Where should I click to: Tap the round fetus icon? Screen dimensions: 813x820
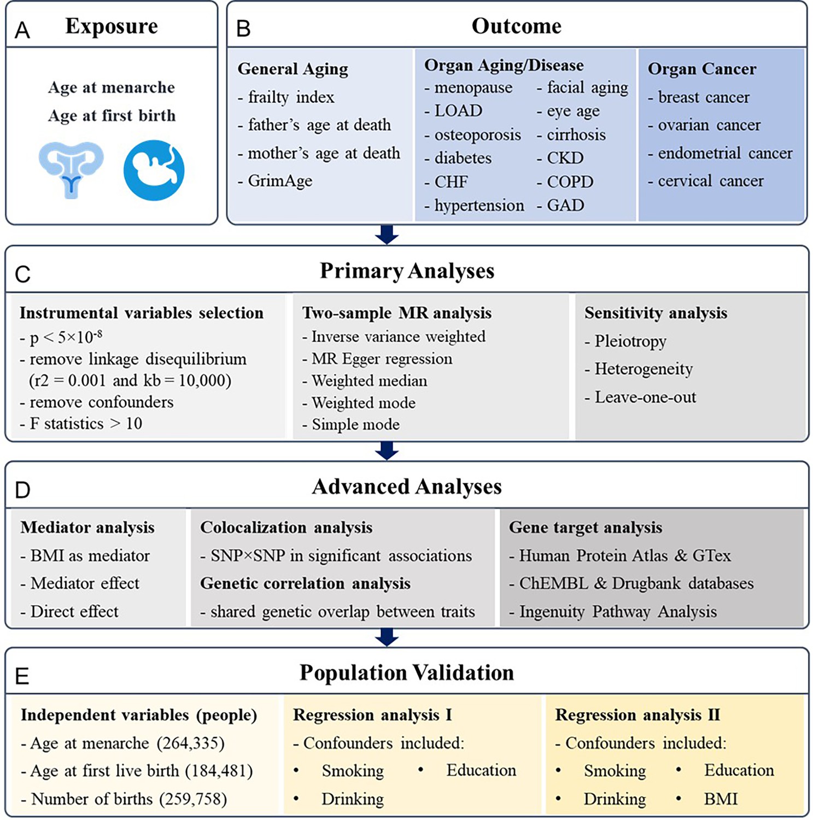[154, 170]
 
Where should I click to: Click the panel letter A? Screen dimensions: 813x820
[22, 31]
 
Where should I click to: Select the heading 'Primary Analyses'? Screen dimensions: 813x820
[407, 271]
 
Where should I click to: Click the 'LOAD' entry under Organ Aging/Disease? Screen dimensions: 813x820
[453, 111]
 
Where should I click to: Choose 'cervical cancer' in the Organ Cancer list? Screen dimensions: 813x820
[705, 181]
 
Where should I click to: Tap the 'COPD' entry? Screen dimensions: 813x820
[565, 181]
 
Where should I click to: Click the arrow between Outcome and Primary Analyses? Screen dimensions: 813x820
[387, 234]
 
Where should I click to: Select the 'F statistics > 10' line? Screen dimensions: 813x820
[81, 424]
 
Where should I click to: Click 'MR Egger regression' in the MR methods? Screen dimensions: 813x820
[377, 359]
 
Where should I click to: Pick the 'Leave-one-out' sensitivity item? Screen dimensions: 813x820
[640, 397]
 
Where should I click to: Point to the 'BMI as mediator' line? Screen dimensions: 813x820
[85, 556]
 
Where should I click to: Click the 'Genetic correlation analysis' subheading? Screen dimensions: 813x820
[305, 584]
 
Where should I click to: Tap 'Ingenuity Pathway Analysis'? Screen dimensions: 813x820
[613, 612]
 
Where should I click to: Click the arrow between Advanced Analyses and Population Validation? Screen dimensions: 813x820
[387, 637]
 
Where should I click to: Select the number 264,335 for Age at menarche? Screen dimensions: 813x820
[191, 743]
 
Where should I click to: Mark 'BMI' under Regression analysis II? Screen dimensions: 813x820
[721, 799]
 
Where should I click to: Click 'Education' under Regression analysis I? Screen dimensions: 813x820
[481, 770]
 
